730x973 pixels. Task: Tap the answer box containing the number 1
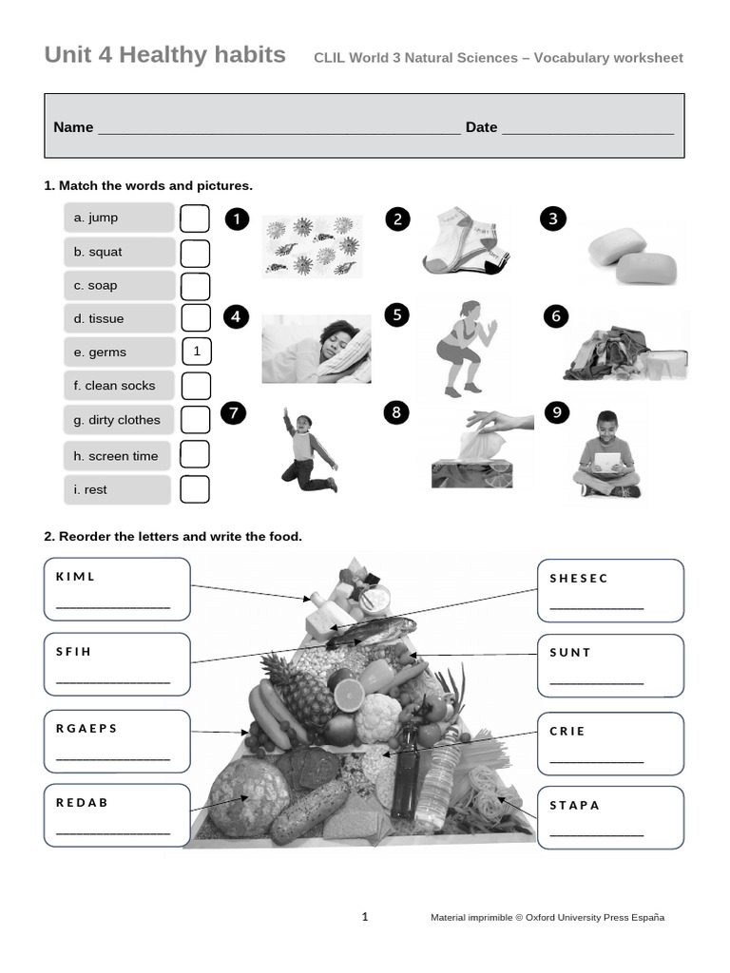[197, 352]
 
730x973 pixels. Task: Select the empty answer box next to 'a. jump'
[195, 219]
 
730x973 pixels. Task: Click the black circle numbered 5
[397, 315]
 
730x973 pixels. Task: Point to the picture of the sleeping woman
[316, 351]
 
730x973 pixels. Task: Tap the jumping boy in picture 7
[307, 450]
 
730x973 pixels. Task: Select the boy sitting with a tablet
[607, 455]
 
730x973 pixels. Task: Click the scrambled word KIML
[76, 577]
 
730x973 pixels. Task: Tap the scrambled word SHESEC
[579, 578]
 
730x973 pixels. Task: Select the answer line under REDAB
[113, 832]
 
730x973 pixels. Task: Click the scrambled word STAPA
[575, 805]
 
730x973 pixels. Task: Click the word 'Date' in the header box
[481, 127]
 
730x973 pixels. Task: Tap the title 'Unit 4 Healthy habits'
[164, 55]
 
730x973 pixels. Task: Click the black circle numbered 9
[556, 412]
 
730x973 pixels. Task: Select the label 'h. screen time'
[116, 456]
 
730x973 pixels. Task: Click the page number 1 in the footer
[364, 917]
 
